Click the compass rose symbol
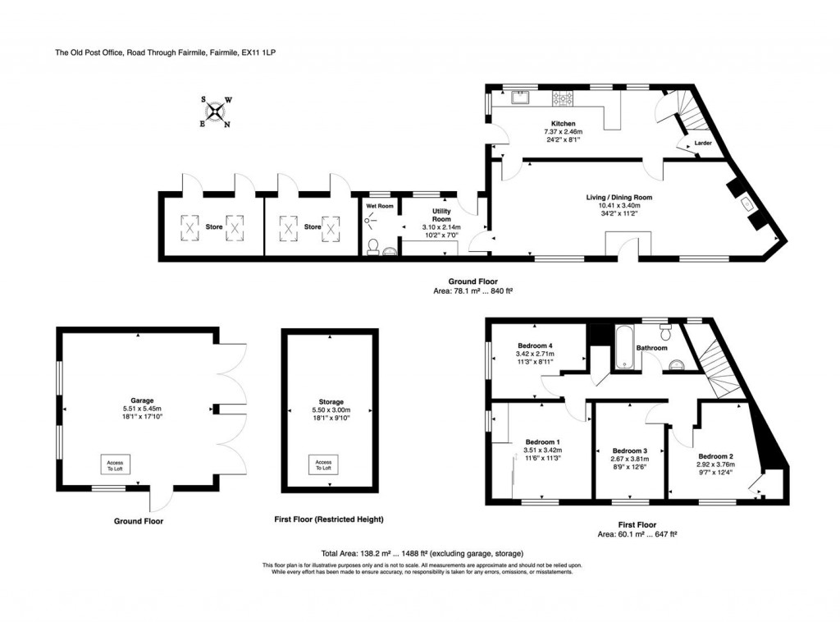[216, 112]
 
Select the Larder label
[702, 144]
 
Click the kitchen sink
[520, 98]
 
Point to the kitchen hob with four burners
[564, 98]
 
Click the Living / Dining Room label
[619, 197]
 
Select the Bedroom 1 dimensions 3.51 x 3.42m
[541, 450]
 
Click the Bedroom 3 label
[629, 450]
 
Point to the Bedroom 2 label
[715, 455]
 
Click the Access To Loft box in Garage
[114, 464]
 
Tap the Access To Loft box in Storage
[322, 464]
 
